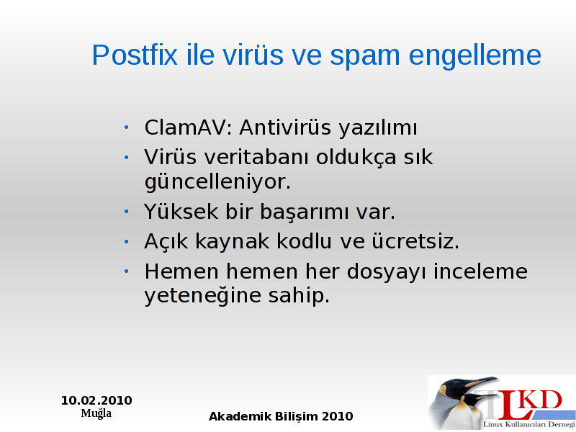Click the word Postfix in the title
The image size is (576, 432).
135,55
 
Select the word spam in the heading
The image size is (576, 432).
364,57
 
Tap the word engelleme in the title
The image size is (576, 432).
475,56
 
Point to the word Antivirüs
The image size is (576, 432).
285,128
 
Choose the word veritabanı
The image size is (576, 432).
256,157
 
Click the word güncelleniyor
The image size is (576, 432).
217,182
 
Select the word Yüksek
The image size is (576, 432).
181,212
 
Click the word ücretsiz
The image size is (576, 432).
415,242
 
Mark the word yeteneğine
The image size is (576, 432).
202,296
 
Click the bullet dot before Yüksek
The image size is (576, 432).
127,212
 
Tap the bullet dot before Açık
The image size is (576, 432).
127,242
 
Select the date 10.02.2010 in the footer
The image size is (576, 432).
96,400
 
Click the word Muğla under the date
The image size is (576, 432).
96,413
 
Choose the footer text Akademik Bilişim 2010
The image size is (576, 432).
281,417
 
